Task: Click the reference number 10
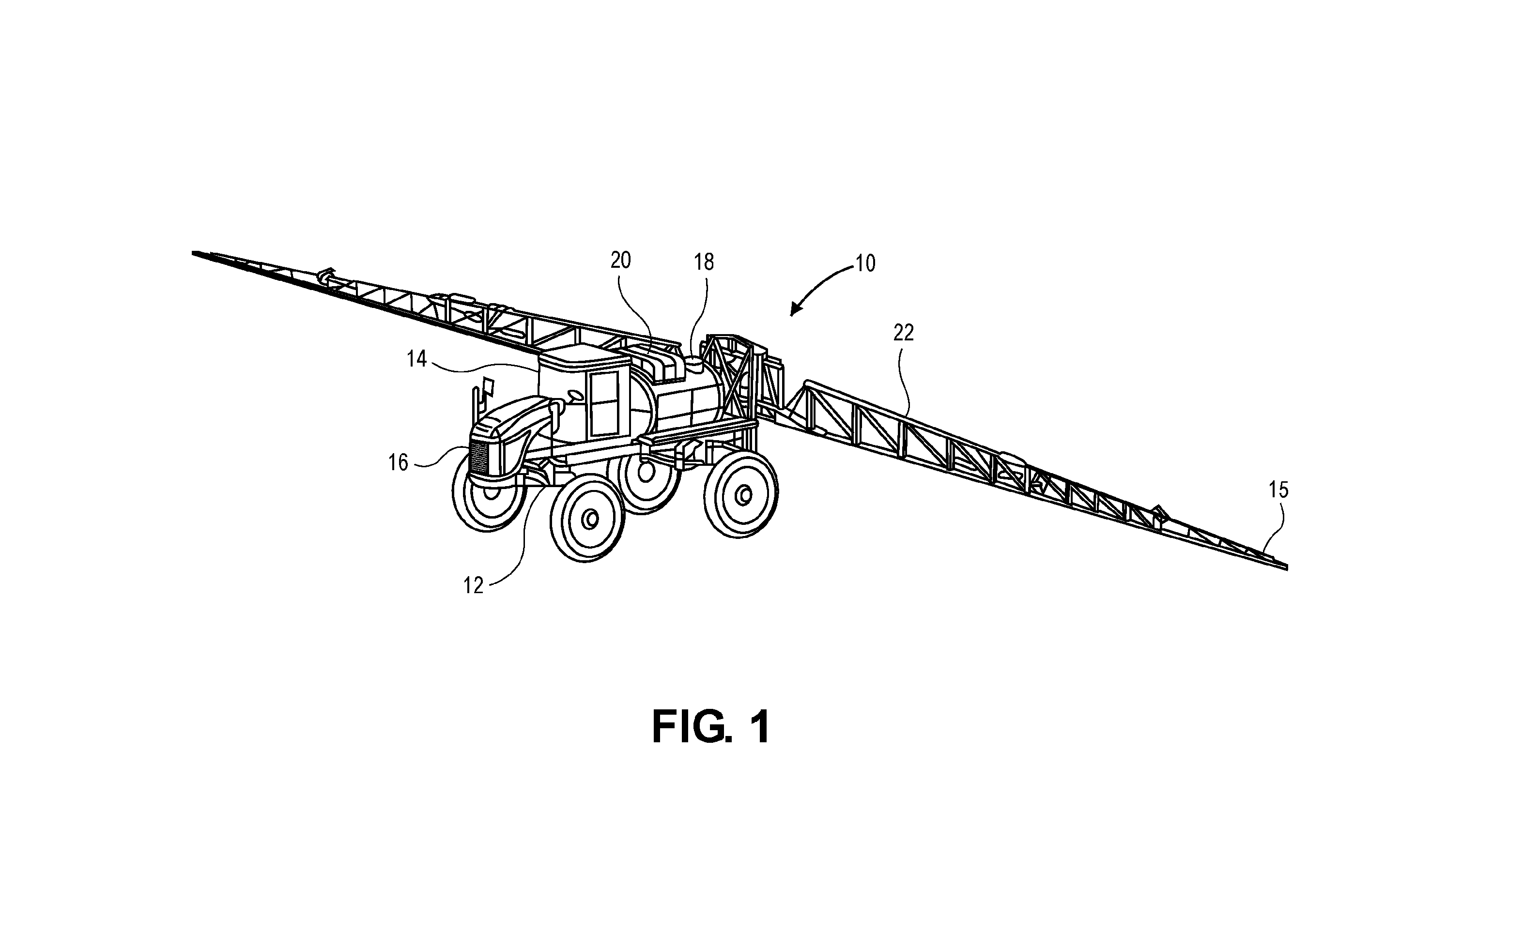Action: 866,264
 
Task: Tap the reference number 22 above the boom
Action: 904,333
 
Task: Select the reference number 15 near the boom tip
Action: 1278,490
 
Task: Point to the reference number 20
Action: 620,261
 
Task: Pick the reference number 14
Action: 417,359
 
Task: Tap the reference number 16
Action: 399,462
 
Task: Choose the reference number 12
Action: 473,585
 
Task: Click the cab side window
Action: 604,404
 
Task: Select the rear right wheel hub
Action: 743,494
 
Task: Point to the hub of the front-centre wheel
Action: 590,518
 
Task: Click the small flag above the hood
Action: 488,386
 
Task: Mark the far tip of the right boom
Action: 1287,567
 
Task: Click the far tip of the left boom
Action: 194,253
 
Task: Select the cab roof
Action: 585,357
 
